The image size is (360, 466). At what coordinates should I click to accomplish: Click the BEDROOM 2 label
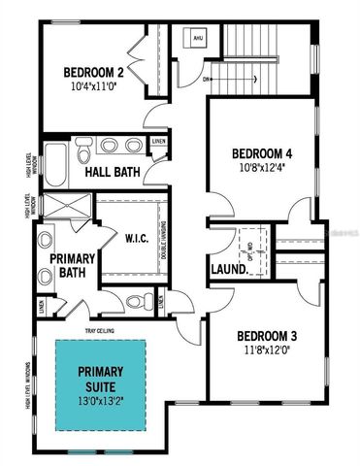(94, 72)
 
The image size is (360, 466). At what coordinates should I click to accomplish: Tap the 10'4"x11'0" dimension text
(94, 86)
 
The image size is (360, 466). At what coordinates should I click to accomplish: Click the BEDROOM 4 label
(262, 153)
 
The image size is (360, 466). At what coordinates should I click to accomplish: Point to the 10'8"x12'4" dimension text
(262, 168)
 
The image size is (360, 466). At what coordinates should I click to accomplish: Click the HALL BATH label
(112, 173)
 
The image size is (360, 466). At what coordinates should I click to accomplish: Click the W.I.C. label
(134, 236)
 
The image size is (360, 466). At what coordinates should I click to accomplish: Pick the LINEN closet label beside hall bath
(159, 142)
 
